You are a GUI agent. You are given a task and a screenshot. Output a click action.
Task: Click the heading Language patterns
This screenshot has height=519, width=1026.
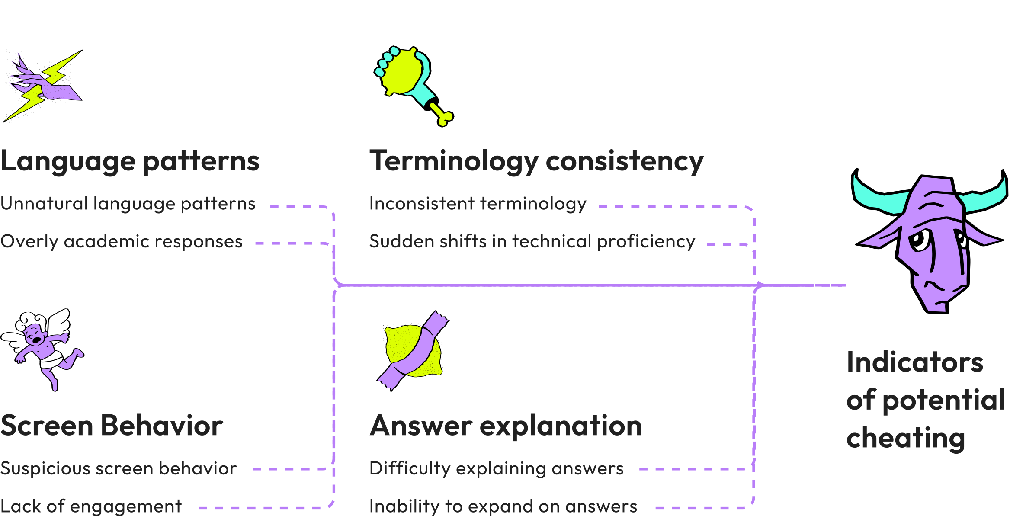tap(130, 161)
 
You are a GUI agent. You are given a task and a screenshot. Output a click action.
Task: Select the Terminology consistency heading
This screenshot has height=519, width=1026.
tap(536, 161)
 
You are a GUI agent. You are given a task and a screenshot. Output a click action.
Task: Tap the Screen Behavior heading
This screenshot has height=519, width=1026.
tap(112, 426)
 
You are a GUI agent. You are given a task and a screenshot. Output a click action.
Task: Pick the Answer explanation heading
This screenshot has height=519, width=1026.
tap(506, 426)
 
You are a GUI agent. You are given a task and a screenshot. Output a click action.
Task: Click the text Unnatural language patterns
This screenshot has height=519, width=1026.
tap(128, 204)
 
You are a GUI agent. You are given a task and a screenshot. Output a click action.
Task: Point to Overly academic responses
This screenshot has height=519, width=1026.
tap(122, 241)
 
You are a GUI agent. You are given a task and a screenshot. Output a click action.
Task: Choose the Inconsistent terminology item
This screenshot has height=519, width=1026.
tap(478, 204)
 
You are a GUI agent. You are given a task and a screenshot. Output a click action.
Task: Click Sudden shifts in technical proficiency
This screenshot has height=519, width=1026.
tap(532, 241)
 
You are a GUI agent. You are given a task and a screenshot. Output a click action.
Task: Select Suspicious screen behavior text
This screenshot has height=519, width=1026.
tap(119, 468)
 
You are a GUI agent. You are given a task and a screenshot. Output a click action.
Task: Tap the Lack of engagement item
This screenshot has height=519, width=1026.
tap(91, 506)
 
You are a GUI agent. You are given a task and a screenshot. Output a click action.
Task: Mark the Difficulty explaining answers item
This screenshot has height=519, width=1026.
tap(496, 468)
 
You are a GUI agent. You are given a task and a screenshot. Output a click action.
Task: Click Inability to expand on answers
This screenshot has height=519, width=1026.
tap(503, 506)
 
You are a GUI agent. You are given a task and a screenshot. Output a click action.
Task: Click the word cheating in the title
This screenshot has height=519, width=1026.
tap(906, 438)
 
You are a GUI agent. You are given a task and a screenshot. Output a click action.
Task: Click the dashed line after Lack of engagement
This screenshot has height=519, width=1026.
tap(260, 508)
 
